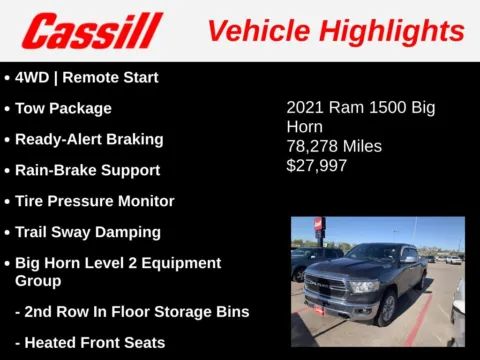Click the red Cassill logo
coord(91,30)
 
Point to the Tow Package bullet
coord(63,108)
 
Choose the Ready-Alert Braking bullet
coord(89,139)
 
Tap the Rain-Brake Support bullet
coord(87,170)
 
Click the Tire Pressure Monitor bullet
coord(94,201)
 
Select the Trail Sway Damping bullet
coord(87,232)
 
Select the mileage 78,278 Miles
coord(334,146)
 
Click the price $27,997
coord(317,165)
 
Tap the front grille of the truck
coord(324,288)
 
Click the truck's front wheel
coord(386,307)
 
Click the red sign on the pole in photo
coord(319,226)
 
